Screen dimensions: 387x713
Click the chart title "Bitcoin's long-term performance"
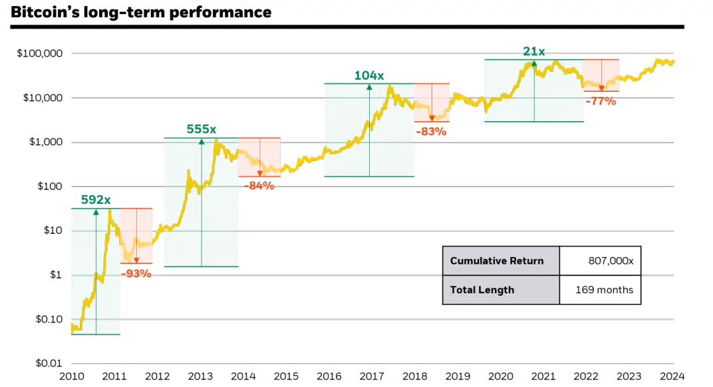pyautogui.click(x=141, y=12)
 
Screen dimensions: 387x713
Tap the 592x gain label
pyautogui.click(x=96, y=199)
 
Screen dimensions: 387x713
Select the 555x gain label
pyautogui.click(x=202, y=129)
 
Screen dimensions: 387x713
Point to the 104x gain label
pyautogui.click(x=369, y=75)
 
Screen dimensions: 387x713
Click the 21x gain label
pyautogui.click(x=534, y=51)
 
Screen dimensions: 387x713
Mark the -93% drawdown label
pyautogui.click(x=136, y=273)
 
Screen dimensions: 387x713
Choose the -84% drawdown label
pyautogui.click(x=259, y=186)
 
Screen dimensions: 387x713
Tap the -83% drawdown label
pyautogui.click(x=431, y=131)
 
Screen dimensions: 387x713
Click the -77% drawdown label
pyautogui.click(x=601, y=101)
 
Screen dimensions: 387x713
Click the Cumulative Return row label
pyautogui.click(x=497, y=260)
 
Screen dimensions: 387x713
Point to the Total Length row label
pyautogui.click(x=482, y=290)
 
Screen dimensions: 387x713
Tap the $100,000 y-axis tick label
pyautogui.click(x=39, y=53)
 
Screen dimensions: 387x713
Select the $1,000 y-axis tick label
pyautogui.click(x=45, y=142)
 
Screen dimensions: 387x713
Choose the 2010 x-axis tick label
pyautogui.click(x=71, y=376)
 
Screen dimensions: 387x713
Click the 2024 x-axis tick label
pyautogui.click(x=673, y=376)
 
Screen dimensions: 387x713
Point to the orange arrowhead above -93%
pyautogui.click(x=136, y=260)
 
